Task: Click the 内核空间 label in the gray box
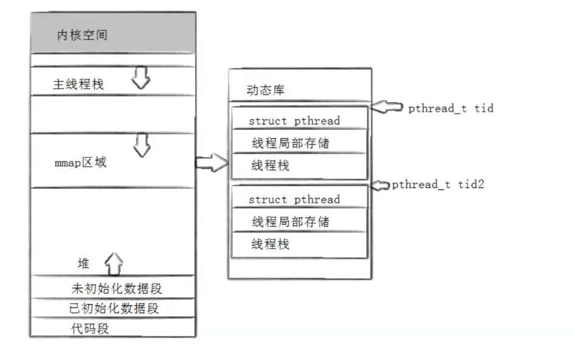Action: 83,35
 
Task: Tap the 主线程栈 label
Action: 78,84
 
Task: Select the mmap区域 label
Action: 80,163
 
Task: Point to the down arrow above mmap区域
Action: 142,144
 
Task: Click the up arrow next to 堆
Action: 114,263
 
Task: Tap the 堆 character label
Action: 84,263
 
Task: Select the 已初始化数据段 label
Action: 114,308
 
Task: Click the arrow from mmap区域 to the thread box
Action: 211,162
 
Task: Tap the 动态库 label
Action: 265,90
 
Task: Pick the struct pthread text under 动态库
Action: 294,120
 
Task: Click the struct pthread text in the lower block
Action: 294,199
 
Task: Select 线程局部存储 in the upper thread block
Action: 291,143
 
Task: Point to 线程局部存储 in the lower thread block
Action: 291,222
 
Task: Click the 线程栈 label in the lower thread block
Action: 270,244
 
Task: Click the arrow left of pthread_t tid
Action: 387,107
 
